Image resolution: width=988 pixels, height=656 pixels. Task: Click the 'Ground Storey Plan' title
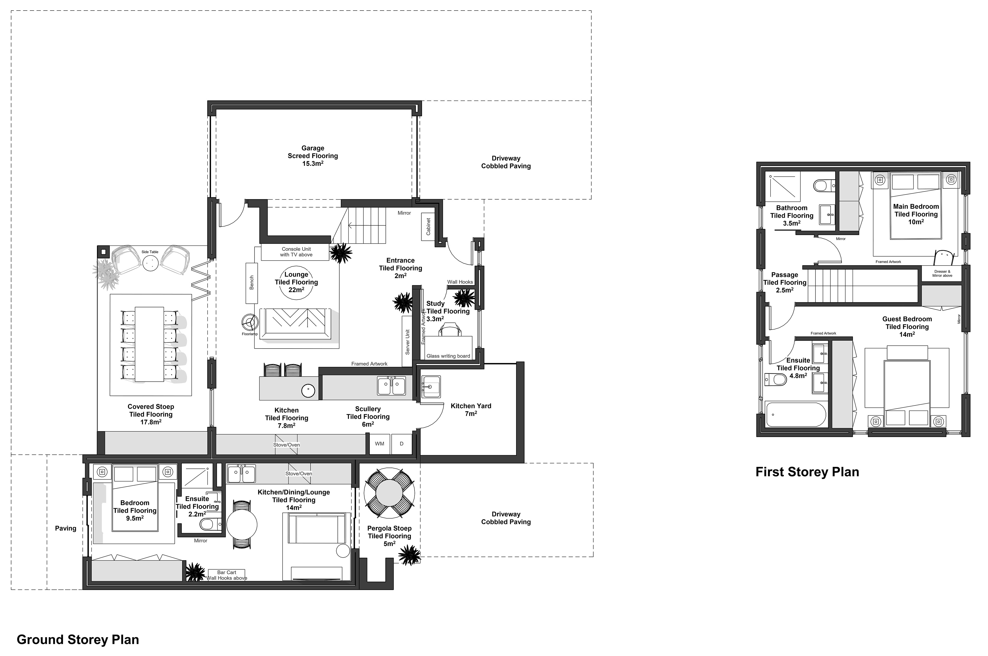point(78,640)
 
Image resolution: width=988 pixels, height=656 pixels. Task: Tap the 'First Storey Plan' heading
point(807,472)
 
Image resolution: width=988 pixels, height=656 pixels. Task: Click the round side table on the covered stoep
point(150,263)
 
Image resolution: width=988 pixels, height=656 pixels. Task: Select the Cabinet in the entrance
point(428,226)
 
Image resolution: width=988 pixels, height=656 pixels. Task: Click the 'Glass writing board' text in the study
point(448,356)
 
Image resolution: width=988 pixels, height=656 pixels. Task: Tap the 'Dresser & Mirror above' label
point(942,274)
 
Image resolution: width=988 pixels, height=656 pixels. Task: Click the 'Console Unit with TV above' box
point(296,252)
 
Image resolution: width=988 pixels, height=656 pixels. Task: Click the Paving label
point(66,529)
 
